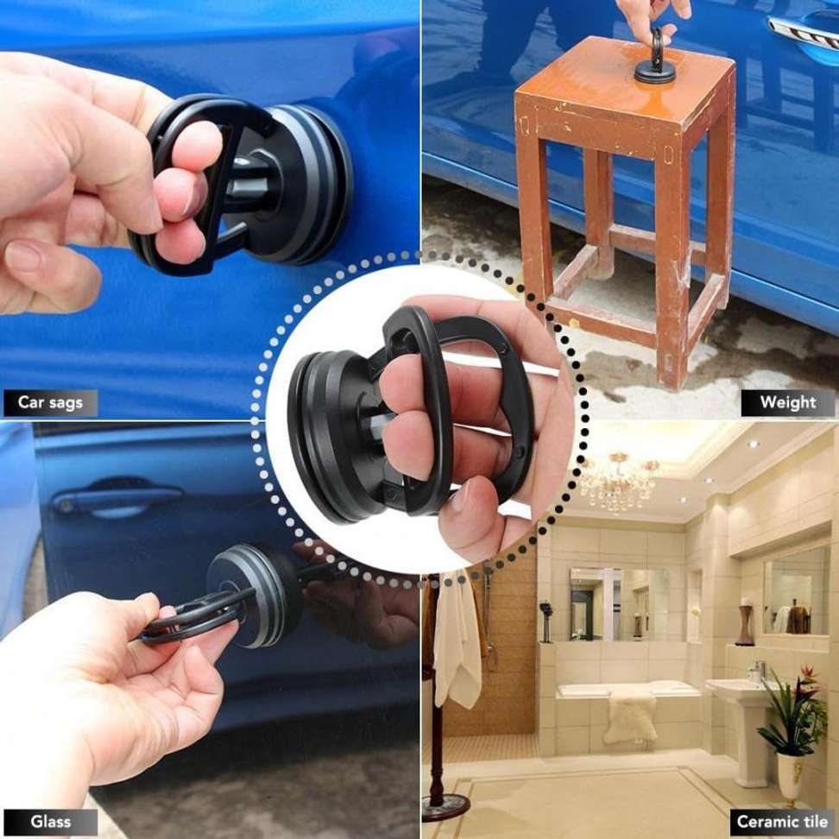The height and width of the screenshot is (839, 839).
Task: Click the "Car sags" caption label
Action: point(50,402)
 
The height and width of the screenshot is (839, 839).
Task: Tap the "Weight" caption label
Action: point(787,402)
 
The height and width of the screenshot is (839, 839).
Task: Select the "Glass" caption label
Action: point(49,821)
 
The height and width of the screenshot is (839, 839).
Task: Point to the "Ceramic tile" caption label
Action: point(782,821)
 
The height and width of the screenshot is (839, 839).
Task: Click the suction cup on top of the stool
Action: point(655,69)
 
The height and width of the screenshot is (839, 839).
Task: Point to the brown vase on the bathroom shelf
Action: point(744,626)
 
